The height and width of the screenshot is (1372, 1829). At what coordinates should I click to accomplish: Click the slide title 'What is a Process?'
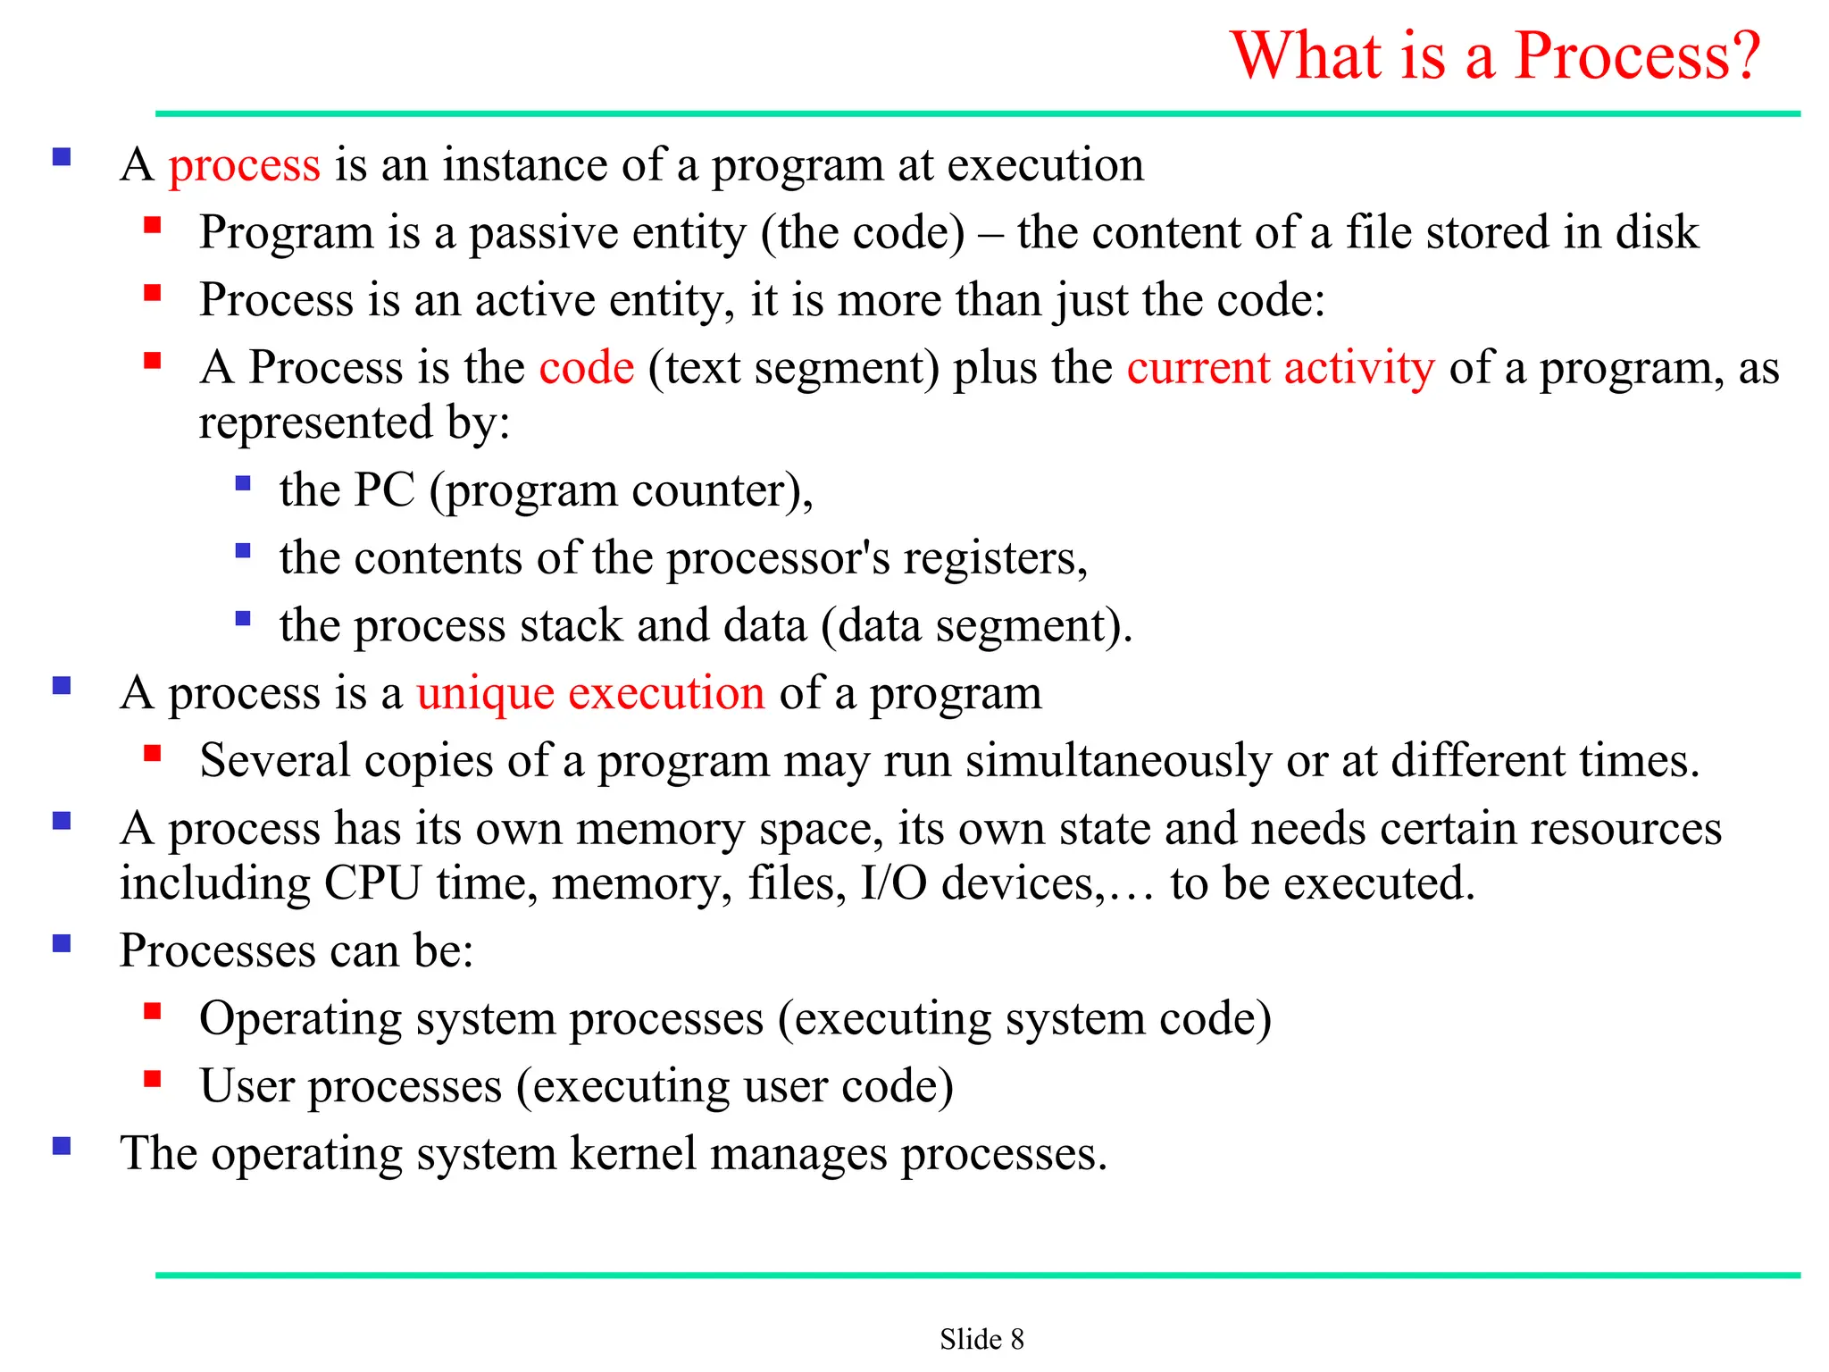[x=1495, y=55]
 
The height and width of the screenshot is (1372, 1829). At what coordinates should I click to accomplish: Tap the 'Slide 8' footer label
[x=981, y=1339]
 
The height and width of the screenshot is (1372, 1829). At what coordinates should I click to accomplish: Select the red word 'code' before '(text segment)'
[x=587, y=368]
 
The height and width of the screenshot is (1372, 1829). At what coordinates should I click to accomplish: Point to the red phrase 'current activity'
[x=1280, y=368]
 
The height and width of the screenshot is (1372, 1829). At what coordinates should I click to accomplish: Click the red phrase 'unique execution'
[x=590, y=694]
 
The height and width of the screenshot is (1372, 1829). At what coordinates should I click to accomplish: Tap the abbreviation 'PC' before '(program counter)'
[x=385, y=489]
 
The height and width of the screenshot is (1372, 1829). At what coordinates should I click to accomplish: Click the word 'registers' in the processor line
[x=994, y=559]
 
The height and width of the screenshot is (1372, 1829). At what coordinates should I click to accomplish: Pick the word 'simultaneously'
[x=1118, y=762]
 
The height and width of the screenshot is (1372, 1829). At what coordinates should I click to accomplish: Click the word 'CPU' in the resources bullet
[x=372, y=883]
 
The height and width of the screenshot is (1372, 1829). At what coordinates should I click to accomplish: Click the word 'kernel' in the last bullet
[x=632, y=1153]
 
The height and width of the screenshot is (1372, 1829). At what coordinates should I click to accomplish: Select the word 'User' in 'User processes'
[x=246, y=1086]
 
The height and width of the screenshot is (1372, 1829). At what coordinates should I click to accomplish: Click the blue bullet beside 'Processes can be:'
[x=62, y=944]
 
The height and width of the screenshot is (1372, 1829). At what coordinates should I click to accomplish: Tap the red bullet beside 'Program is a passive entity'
[x=153, y=225]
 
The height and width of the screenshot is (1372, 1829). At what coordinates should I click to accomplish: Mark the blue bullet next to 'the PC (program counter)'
[x=243, y=484]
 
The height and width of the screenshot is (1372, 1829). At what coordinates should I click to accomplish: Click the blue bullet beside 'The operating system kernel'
[x=62, y=1147]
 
